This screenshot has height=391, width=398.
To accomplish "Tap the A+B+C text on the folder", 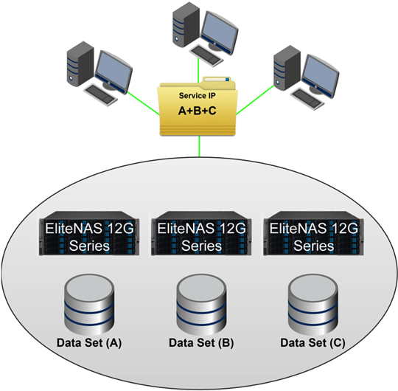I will pos(197,111).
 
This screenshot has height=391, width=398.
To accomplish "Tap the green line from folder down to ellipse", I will pos(199,146).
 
